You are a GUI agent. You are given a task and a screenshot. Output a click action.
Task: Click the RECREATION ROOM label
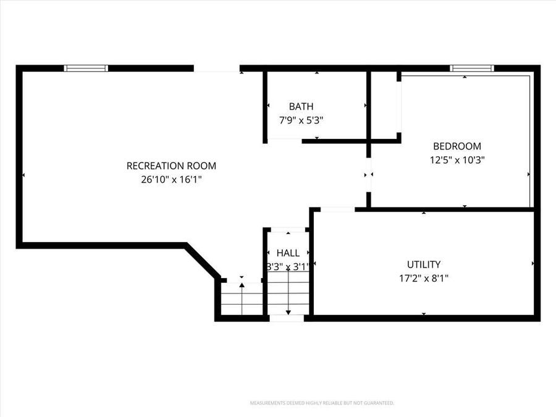[171, 166]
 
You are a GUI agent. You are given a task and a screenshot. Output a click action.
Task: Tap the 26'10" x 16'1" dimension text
[171, 180]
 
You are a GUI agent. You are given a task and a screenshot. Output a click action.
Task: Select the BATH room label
[301, 107]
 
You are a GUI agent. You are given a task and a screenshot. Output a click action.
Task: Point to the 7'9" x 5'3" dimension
[301, 120]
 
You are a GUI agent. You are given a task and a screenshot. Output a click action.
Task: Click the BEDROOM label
[457, 146]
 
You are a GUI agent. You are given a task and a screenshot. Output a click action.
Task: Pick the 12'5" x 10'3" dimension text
[457, 160]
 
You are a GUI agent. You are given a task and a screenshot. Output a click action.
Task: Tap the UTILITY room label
[423, 264]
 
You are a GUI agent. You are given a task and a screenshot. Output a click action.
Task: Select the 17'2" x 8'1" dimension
[423, 278]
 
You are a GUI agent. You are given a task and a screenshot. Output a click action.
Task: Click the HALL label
[288, 253]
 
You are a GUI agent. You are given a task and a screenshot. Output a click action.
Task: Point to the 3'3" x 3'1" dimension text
[288, 266]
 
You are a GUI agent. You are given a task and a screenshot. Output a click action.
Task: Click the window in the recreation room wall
[86, 68]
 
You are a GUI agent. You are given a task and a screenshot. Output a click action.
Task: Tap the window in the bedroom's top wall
[471, 68]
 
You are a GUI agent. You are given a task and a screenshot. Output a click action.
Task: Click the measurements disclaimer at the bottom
[321, 403]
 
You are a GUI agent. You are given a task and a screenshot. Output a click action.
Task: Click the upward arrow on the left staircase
[242, 290]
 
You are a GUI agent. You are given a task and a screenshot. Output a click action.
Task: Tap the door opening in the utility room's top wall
[337, 210]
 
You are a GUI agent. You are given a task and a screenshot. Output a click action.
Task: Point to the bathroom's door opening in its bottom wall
[284, 141]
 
